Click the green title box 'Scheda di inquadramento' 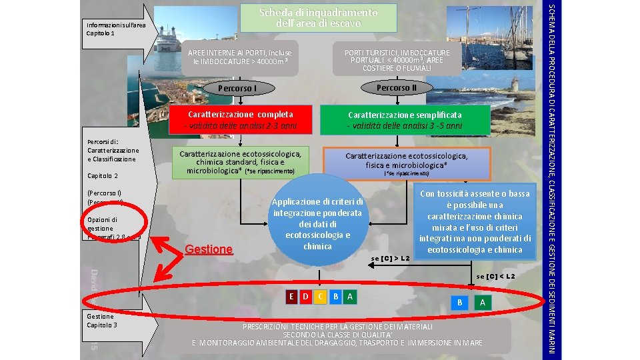pos(318,18)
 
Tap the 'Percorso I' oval pos(238,88)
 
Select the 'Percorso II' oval pos(396,87)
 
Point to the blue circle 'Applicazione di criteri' pos(317,224)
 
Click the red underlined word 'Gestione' pos(209,249)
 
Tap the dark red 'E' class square pos(291,296)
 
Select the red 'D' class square pos(306,296)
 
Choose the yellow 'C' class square pos(321,296)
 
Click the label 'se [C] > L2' pos(390,258)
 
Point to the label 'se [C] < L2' pos(496,276)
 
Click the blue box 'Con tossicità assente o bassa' pos(474,221)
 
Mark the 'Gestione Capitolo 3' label pos(102,321)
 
